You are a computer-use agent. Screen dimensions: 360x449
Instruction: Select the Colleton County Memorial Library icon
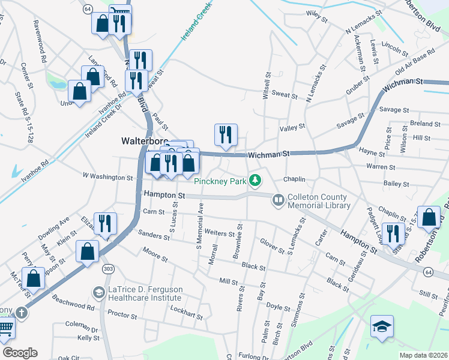pos(278,199)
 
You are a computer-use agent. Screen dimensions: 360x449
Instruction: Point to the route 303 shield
pos(108,267)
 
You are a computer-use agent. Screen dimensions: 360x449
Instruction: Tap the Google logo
pos(20,353)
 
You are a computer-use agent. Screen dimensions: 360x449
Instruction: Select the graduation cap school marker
pos(382,327)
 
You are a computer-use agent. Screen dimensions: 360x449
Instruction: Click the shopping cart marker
pos(5,328)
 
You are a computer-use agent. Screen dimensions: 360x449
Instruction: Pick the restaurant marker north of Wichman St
pos(226,135)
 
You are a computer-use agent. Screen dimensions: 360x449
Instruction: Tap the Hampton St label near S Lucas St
pos(164,196)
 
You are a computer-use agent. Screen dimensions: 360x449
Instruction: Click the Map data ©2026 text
pos(423,355)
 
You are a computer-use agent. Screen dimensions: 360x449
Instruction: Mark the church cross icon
pos(22,313)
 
